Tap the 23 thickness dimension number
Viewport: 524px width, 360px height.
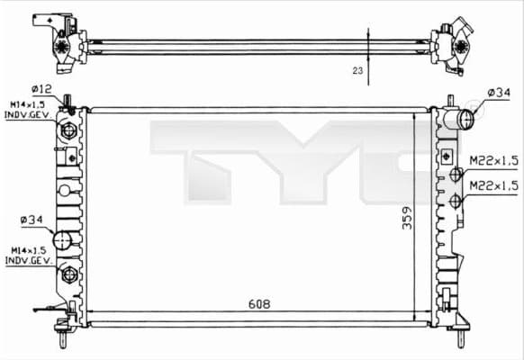click(x=358, y=69)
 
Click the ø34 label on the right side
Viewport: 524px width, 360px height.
click(x=500, y=93)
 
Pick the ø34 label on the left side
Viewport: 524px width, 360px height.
click(x=31, y=219)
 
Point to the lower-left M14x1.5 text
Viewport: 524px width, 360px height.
click(x=27, y=249)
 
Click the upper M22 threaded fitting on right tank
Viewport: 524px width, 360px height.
click(x=456, y=175)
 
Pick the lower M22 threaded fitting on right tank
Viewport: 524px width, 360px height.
click(x=456, y=200)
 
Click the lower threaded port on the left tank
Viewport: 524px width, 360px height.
click(x=68, y=274)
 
